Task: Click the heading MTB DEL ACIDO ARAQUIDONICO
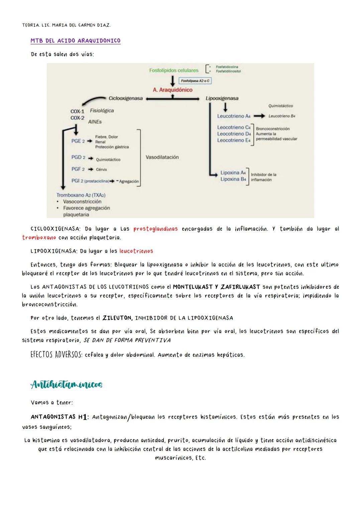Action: [75, 41]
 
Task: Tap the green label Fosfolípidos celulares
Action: [174, 70]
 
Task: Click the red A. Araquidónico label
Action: [172, 90]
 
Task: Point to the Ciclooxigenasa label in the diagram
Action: [126, 98]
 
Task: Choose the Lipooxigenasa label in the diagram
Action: [222, 98]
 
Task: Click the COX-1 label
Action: [77, 111]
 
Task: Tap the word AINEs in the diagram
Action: [95, 122]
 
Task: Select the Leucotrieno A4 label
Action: [234, 116]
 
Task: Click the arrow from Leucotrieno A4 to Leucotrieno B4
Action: [259, 116]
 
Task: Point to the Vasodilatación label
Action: [162, 157]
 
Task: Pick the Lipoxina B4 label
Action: [233, 179]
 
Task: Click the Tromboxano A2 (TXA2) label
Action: [81, 195]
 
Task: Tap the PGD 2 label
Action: [78, 157]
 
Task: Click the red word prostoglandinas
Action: [155, 229]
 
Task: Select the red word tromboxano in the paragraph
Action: [39, 238]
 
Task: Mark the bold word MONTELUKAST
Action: [193, 287]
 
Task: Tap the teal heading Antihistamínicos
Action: [66, 385]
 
